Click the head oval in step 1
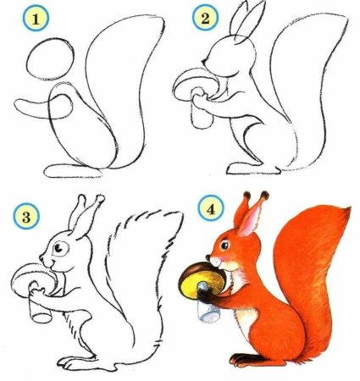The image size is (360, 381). pos(46,63)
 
